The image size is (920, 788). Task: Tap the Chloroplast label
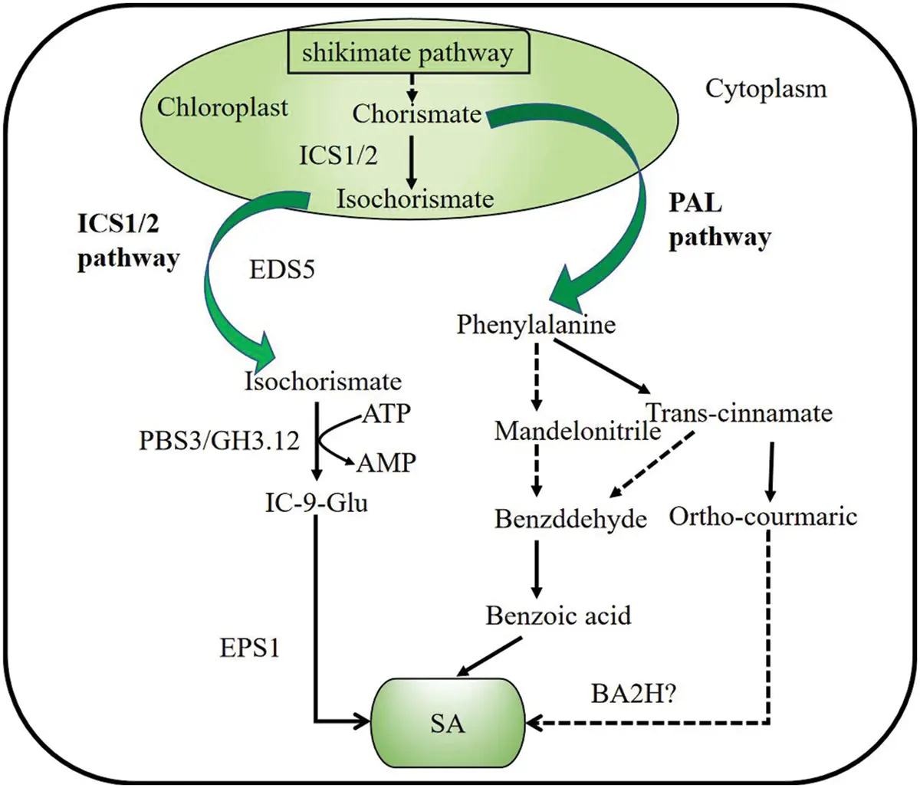click(222, 107)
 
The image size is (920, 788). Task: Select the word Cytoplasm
click(766, 89)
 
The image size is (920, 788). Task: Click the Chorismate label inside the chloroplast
click(416, 114)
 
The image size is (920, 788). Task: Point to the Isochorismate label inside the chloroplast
click(415, 199)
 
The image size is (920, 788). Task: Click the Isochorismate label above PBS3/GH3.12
click(323, 381)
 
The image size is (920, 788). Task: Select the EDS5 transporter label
click(282, 271)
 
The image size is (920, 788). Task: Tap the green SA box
click(448, 721)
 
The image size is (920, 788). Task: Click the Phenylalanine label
click(536, 325)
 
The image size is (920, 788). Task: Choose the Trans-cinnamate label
click(739, 414)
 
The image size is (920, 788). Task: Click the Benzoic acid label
click(559, 615)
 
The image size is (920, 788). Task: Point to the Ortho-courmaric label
click(762, 517)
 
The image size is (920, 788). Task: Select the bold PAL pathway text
click(718, 222)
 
